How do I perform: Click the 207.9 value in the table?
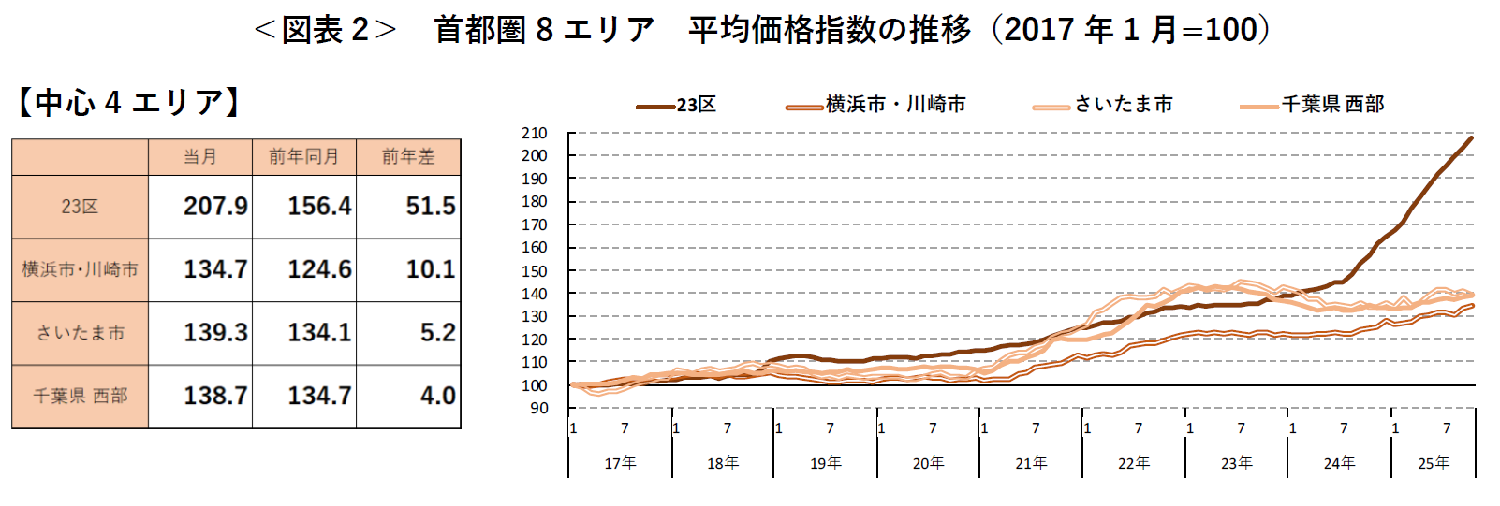click(215, 206)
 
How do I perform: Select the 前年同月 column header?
click(304, 156)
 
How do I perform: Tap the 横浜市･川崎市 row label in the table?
click(81, 269)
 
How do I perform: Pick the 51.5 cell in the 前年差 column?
click(431, 206)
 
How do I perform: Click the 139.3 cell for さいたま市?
click(215, 332)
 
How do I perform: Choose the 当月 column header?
click(200, 156)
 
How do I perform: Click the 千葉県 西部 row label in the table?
click(81, 396)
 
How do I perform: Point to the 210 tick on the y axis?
click(535, 133)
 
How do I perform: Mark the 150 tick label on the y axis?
click(535, 271)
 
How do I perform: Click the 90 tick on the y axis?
click(538, 408)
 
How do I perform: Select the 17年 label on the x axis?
click(620, 463)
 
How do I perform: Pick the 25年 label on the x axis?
click(1434, 463)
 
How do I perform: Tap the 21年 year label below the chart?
click(1031, 463)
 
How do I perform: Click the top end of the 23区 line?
click(1471, 138)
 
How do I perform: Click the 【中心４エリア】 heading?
click(128, 102)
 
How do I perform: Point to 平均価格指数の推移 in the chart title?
click(830, 30)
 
